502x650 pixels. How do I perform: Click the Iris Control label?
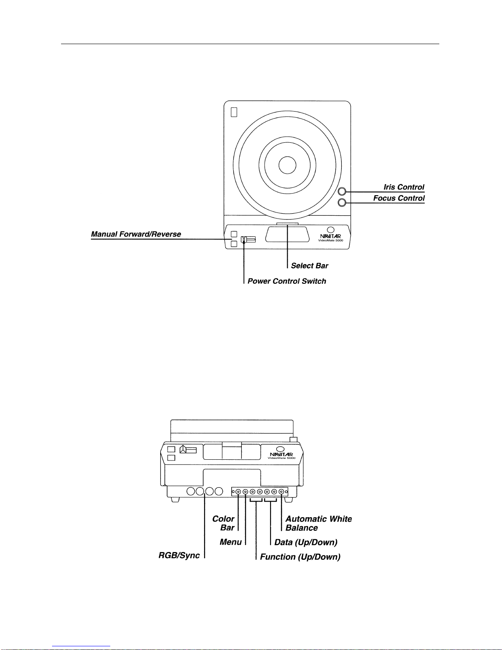[404, 187]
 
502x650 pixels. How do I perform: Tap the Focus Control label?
[399, 198]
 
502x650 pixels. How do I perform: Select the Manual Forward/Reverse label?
[136, 234]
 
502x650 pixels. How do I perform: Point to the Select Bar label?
[309, 266]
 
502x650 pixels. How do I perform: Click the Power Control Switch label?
[287, 281]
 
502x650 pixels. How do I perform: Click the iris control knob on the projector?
[342, 192]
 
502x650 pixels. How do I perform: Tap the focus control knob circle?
[342, 203]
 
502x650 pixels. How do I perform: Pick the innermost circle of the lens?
[287, 165]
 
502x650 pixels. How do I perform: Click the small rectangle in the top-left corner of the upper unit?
[234, 112]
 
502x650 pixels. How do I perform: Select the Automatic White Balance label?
[318, 523]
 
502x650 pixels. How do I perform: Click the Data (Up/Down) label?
[306, 542]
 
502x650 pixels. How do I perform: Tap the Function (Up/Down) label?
[300, 556]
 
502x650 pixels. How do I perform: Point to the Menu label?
[231, 542]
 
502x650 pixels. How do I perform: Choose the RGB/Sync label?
[179, 555]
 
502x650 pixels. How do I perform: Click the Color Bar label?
[223, 523]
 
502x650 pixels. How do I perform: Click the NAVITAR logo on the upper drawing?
[330, 236]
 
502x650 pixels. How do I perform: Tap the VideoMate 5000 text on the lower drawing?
[282, 458]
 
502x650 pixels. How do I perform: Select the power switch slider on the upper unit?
[248, 239]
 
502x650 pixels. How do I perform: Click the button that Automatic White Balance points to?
[281, 491]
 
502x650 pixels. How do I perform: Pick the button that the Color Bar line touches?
[238, 491]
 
